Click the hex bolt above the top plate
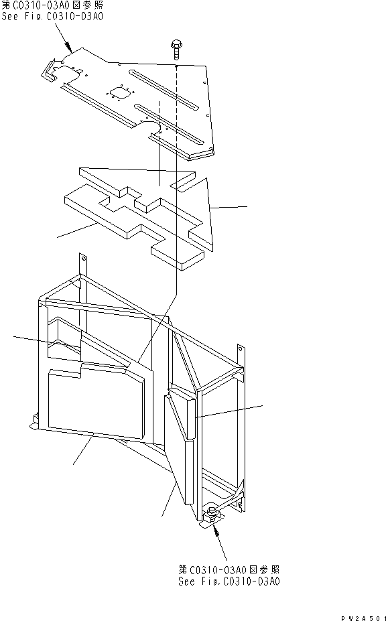[176, 49]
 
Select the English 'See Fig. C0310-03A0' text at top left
[52, 17]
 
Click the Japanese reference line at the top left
[52, 5]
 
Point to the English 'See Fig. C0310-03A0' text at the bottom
[229, 581]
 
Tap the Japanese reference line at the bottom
[229, 570]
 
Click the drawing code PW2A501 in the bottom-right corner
[363, 618]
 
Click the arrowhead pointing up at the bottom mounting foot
[216, 531]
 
